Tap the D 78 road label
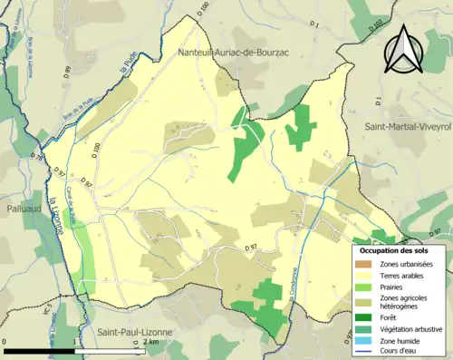click(37, 157)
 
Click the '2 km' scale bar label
click(151, 343)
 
